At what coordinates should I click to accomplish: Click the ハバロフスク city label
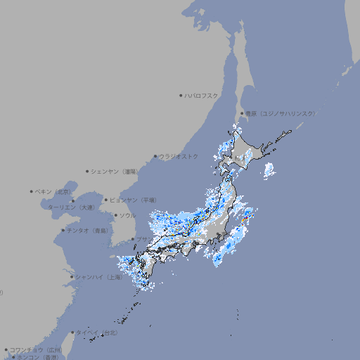202,95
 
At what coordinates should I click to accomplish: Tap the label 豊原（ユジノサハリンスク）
280,113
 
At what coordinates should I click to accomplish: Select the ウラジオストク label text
179,156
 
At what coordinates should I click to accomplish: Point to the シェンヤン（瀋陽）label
113,171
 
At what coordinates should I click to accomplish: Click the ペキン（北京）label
53,191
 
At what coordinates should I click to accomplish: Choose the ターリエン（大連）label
70,207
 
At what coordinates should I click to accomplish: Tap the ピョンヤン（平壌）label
132,200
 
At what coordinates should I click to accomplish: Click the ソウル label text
127,215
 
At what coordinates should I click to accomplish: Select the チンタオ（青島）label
87,231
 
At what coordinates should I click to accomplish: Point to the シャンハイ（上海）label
98,277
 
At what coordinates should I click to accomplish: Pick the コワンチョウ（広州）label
35,349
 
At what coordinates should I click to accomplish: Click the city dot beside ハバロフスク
181,95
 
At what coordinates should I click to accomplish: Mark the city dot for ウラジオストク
155,156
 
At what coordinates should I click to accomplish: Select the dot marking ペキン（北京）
32,191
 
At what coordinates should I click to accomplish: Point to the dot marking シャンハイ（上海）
72,277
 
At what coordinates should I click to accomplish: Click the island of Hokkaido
247,151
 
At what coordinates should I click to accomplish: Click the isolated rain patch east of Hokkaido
269,169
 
